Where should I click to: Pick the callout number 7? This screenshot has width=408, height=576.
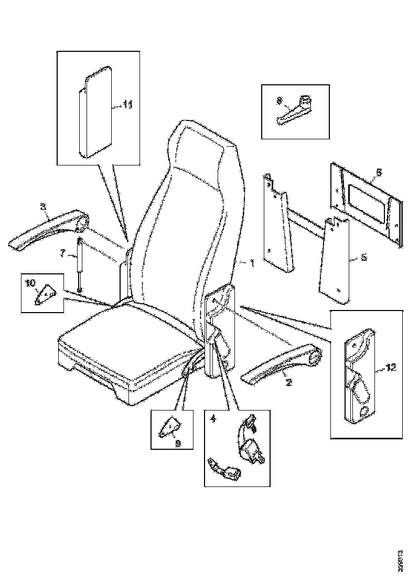click(63, 253)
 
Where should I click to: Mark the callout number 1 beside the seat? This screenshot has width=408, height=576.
click(252, 263)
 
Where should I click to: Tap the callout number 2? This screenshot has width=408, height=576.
click(288, 383)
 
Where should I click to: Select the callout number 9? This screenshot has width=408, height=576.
click(178, 443)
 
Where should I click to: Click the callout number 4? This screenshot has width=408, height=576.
click(212, 419)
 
